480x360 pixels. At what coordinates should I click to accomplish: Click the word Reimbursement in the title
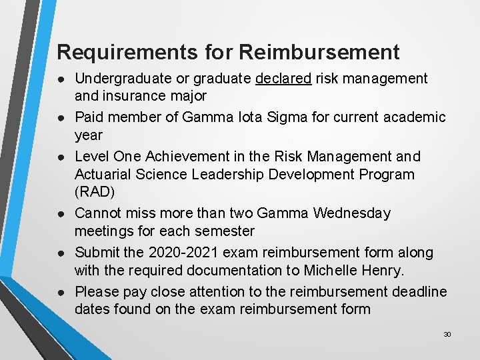point(319,51)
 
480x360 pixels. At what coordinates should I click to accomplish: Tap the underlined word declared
point(283,79)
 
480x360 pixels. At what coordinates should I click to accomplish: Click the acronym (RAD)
point(94,193)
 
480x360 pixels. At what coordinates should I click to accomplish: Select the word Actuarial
point(104,175)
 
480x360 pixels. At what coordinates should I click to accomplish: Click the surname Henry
point(387,271)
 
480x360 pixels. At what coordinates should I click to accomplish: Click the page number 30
point(447,334)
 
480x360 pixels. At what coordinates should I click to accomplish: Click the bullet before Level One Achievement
point(61,157)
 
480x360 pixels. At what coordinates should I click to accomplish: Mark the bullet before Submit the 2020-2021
point(61,253)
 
